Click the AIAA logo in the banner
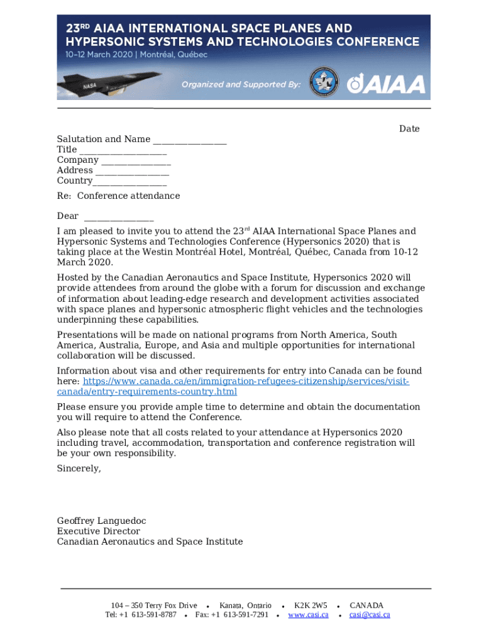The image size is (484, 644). [x=387, y=84]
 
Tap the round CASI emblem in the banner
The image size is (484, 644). [x=324, y=82]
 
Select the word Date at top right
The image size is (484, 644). [x=409, y=129]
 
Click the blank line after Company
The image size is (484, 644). [x=136, y=160]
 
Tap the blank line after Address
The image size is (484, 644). [x=132, y=170]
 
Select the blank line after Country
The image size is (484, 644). [x=129, y=181]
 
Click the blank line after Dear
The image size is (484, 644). [x=119, y=216]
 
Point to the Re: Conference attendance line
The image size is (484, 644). [x=118, y=196]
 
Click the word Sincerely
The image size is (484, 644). [x=79, y=469]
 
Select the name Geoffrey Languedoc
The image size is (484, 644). [x=101, y=521]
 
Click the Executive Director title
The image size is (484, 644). [x=99, y=531]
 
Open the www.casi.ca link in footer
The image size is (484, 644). [x=308, y=614]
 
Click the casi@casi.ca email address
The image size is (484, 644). [x=370, y=614]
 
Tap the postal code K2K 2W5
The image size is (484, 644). [x=311, y=606]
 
